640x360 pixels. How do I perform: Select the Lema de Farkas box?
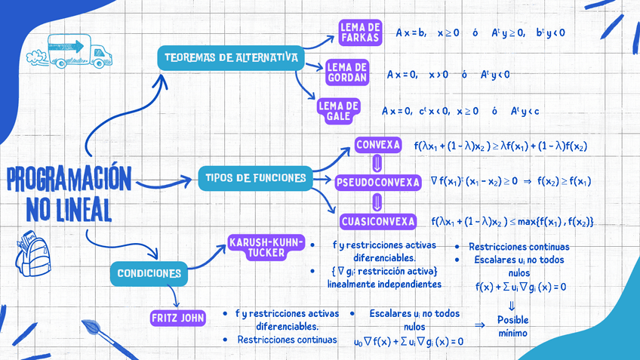[361, 32]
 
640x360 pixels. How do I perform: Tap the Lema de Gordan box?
[347, 72]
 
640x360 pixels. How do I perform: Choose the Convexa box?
[377, 144]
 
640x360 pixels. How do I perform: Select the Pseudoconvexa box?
[377, 182]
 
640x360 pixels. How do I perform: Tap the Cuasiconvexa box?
[378, 221]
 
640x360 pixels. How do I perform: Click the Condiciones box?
[149, 272]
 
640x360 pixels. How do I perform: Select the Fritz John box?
[178, 318]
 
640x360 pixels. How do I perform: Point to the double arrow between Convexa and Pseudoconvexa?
[377, 163]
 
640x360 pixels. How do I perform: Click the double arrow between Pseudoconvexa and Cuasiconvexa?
[377, 202]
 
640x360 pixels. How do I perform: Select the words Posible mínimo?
[512, 326]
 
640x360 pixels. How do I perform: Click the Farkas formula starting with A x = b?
[480, 32]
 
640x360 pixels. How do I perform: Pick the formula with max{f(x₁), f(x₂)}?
[512, 221]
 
